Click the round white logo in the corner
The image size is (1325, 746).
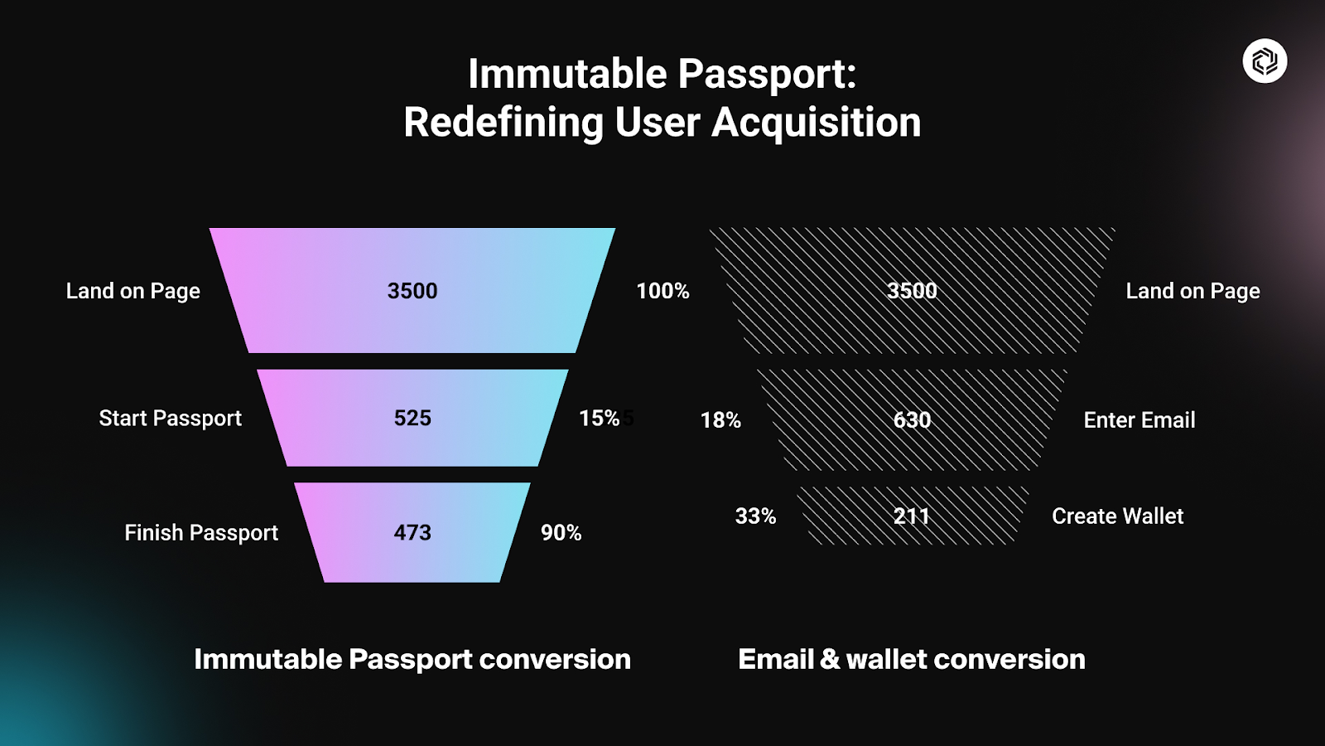(1265, 61)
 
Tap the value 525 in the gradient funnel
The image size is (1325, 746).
(412, 418)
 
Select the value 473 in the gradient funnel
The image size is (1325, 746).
(412, 532)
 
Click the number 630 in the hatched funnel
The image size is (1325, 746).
(912, 419)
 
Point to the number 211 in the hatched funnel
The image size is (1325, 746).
(911, 516)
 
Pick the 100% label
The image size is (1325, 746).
(662, 291)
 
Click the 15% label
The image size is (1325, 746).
(600, 418)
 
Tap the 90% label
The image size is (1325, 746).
(561, 532)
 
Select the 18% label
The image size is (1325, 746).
(720, 419)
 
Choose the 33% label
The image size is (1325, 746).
(755, 516)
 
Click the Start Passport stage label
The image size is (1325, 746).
(171, 418)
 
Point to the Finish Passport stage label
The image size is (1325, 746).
(201, 532)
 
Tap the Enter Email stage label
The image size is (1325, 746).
(1139, 419)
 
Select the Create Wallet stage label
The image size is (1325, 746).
(1117, 516)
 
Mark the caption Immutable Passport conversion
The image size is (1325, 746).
(412, 659)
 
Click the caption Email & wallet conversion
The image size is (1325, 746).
(912, 659)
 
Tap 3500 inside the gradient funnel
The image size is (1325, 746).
(412, 291)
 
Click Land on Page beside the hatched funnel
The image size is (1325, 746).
(1192, 291)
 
